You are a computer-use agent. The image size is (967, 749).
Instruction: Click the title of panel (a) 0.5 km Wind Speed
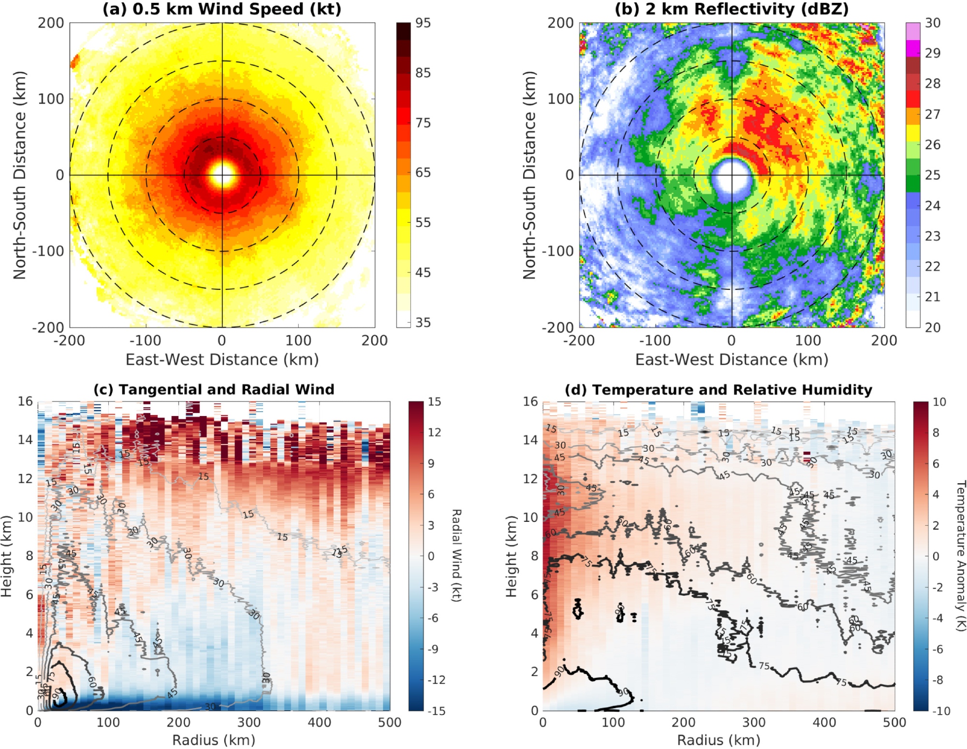click(222, 9)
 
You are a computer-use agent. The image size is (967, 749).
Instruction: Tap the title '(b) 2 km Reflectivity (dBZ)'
click(732, 9)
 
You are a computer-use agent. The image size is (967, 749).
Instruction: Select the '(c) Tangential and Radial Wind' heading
click(214, 389)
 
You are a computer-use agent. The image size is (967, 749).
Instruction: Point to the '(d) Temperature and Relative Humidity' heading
click(718, 389)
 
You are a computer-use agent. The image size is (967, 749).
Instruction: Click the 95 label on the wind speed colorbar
click(423, 23)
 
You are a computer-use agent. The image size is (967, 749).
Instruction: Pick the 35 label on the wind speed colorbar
click(423, 322)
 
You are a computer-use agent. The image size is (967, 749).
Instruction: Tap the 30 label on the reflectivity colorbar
click(933, 23)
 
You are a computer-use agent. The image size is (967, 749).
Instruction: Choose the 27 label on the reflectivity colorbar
click(933, 114)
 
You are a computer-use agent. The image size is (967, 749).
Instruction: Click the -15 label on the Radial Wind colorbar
click(436, 711)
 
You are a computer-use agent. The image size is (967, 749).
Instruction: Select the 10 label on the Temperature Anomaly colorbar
click(939, 402)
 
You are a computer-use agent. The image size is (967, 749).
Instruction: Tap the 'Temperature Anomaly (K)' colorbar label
click(961, 555)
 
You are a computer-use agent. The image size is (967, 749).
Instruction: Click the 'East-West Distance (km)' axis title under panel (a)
click(222, 360)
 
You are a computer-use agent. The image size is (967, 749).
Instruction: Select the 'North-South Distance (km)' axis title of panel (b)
click(530, 175)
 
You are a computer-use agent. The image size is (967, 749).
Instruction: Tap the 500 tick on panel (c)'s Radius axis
click(390, 722)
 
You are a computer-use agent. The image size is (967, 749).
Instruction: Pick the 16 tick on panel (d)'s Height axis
click(530, 402)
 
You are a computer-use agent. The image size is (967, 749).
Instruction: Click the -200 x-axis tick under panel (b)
click(579, 341)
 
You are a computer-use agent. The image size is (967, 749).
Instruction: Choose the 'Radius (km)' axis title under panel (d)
click(718, 740)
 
